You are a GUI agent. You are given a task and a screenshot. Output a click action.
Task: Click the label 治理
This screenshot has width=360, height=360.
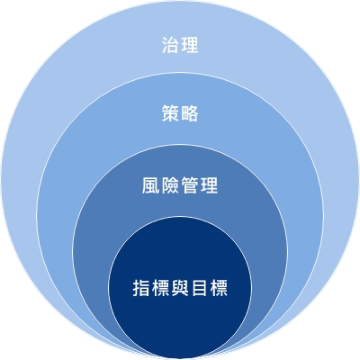180,45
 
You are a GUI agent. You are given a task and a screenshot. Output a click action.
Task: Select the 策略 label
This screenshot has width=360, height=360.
180,113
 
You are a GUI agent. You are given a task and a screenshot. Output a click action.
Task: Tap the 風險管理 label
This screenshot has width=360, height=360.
180,185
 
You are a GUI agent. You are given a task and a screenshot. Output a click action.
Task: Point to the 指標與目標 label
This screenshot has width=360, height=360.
180,288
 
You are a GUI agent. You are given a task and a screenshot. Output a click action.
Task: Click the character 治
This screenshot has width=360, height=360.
171,45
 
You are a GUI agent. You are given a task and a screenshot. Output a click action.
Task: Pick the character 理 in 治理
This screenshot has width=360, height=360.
190,45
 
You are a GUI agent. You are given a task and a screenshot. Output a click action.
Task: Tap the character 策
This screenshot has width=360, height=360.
171,113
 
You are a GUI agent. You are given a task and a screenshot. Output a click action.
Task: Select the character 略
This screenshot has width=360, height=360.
190,113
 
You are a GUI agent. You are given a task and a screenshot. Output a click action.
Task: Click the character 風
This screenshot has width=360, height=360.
151,185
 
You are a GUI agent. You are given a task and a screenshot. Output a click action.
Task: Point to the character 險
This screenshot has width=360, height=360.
170,185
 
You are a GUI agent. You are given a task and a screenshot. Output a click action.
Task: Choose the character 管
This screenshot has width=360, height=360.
190,185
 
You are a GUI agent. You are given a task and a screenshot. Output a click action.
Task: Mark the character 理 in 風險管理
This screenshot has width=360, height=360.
209,185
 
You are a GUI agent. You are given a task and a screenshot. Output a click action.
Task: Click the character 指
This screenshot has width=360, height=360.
141,288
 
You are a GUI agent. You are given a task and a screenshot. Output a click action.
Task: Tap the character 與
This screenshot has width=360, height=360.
180,288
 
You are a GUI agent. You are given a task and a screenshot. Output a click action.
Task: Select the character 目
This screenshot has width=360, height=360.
199,288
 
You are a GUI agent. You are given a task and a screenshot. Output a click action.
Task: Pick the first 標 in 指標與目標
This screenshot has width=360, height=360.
160,288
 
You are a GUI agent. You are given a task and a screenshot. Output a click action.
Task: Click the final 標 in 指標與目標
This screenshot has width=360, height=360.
219,288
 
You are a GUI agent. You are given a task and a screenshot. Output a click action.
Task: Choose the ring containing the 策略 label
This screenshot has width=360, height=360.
180,90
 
